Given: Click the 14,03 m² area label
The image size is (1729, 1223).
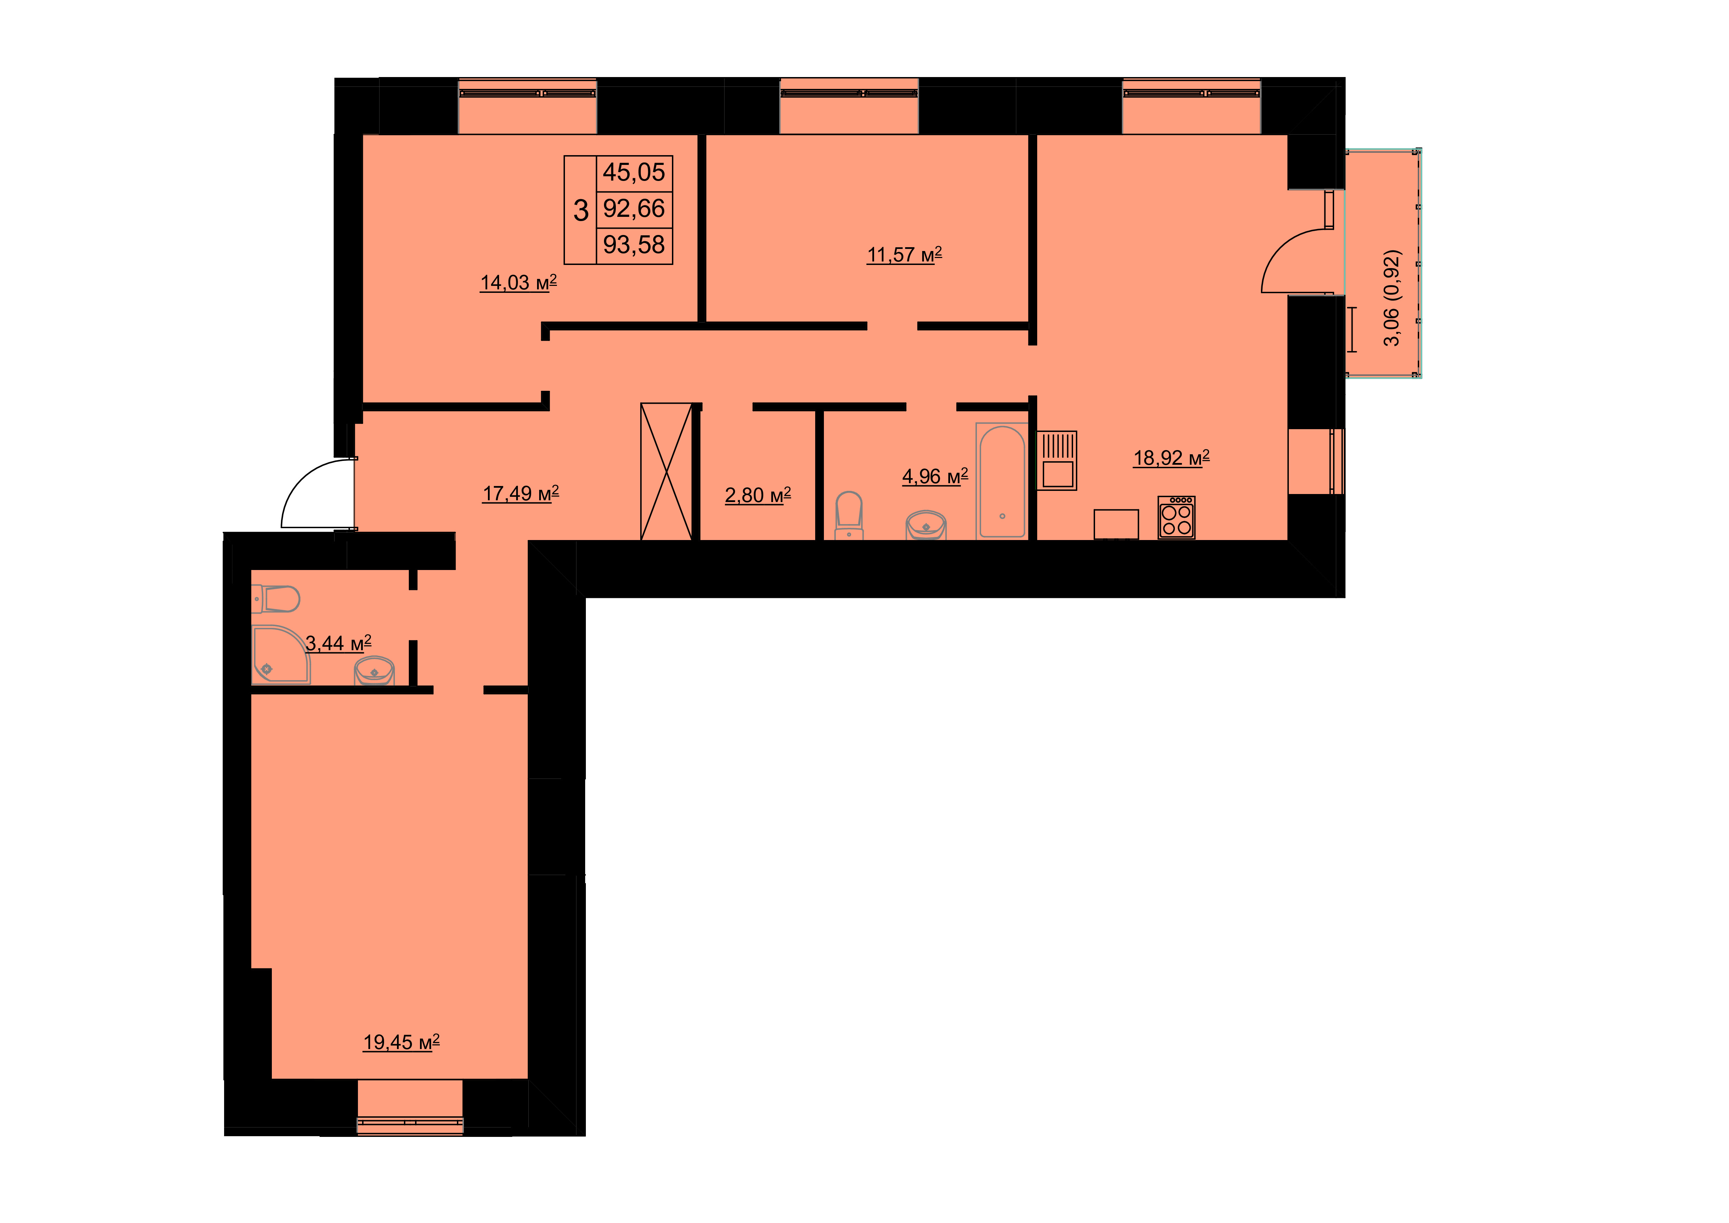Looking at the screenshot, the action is (519, 283).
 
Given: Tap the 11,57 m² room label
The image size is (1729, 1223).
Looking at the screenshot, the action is (904, 255).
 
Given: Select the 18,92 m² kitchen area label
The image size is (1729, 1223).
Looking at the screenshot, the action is (1172, 458).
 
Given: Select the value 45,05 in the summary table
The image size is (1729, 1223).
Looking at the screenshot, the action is (634, 173).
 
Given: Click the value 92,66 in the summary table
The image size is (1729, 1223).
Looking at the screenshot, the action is (634, 208).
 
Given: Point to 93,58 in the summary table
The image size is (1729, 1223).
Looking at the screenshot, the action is (634, 245).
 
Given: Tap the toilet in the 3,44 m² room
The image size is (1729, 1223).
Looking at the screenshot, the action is (276, 599).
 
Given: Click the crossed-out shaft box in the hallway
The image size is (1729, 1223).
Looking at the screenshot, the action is (666, 471).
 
